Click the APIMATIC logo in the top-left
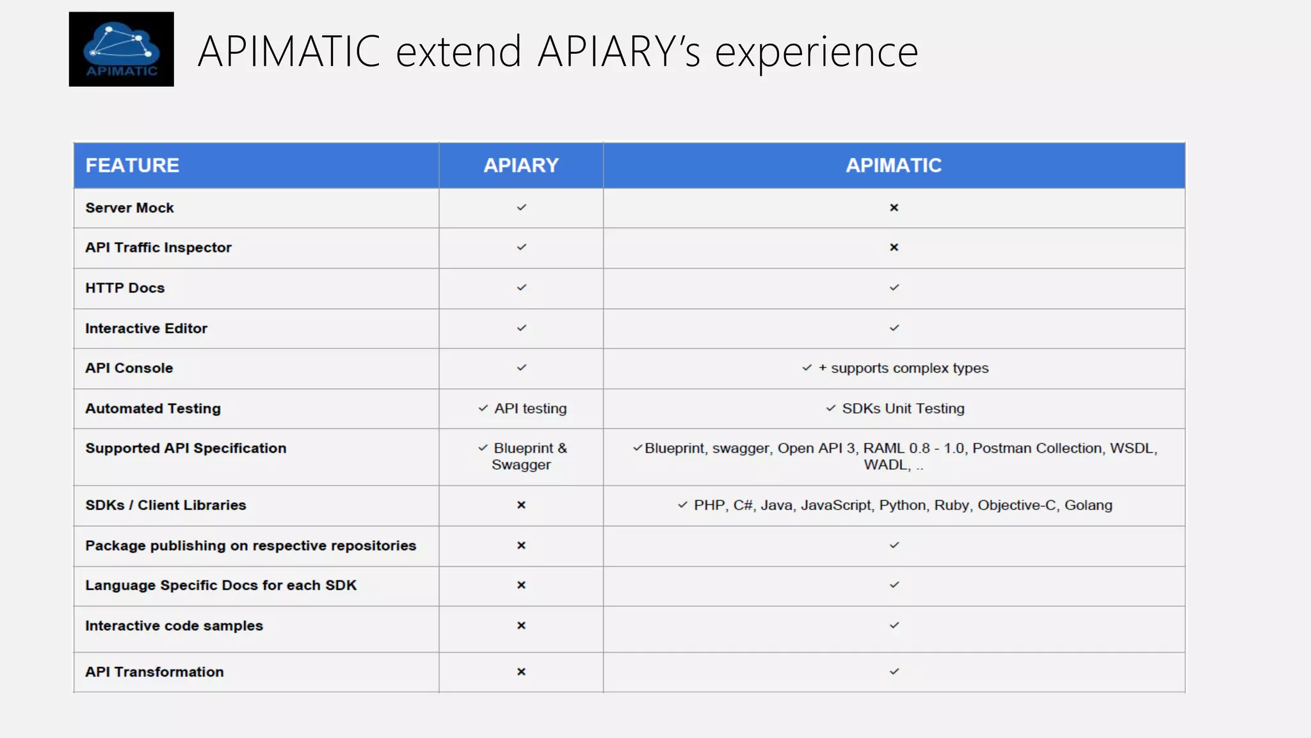coord(121,49)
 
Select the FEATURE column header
coord(133,165)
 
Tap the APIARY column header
coord(521,165)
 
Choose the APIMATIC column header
coord(894,165)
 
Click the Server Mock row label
coord(129,208)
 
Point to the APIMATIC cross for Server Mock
coord(894,208)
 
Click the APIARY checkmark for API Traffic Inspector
coord(522,247)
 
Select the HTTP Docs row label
coord(125,288)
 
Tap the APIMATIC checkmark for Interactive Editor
coord(894,328)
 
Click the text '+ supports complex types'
coord(903,368)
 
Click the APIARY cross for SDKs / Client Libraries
coord(521,505)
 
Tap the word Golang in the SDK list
coord(1088,505)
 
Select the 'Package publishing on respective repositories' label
coord(250,546)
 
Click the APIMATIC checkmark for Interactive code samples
coord(894,625)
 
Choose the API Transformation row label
coord(154,672)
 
